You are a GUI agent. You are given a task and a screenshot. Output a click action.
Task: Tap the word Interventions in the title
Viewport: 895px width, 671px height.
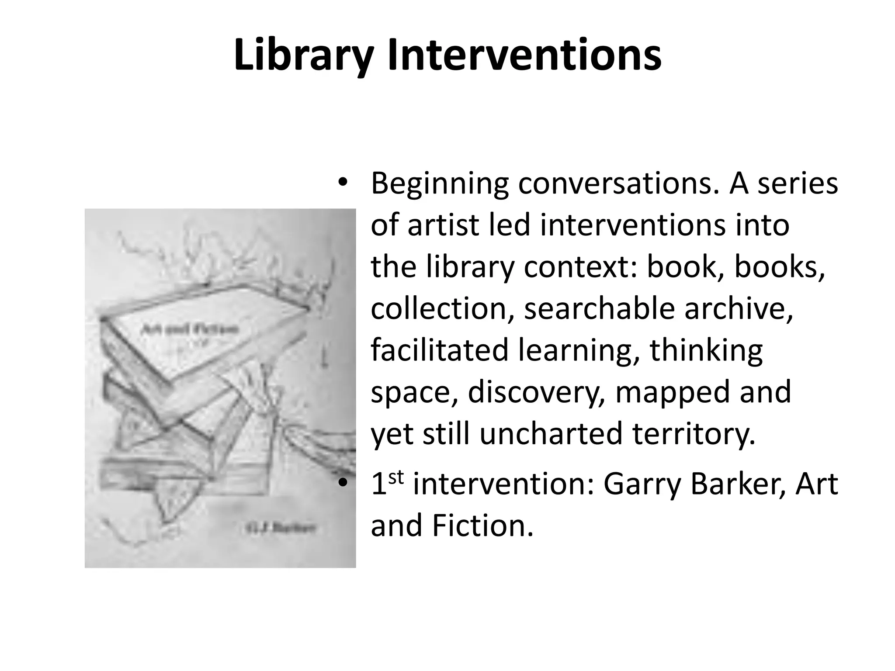click(x=524, y=56)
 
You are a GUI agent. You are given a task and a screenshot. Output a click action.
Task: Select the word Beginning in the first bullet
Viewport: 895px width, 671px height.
click(x=440, y=184)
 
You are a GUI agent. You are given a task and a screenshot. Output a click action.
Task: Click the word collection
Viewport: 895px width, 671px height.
click(x=442, y=308)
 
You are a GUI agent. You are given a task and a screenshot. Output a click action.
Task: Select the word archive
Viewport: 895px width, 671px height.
click(x=739, y=308)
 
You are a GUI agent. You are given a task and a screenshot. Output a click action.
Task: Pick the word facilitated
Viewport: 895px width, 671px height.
click(x=440, y=350)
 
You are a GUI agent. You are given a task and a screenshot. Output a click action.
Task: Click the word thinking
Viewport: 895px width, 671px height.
click(x=706, y=350)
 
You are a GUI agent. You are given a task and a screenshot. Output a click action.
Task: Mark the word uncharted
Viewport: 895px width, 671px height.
click(x=551, y=434)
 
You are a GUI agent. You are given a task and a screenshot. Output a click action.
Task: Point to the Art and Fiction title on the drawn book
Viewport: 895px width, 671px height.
click(x=190, y=329)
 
